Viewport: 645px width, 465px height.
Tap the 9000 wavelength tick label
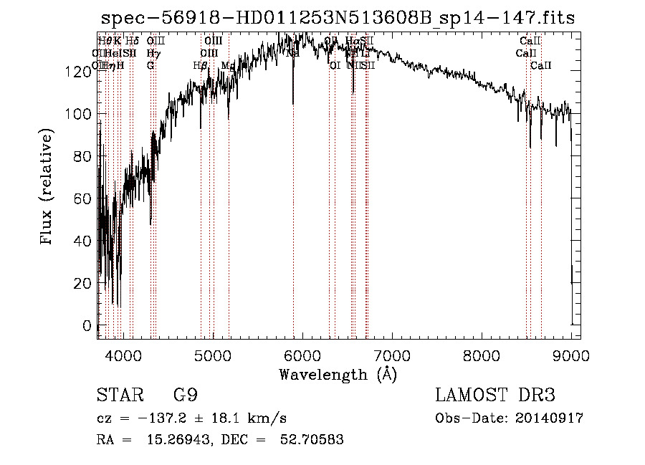click(x=571, y=355)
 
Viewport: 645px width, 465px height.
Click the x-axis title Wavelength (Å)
click(x=338, y=373)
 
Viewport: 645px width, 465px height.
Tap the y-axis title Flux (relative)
click(x=47, y=188)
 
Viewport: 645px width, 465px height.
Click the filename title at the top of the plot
click(x=338, y=18)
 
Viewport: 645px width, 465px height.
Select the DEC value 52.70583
click(x=312, y=440)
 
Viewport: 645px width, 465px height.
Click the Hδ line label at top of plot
click(x=132, y=42)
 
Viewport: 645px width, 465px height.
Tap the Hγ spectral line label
click(x=153, y=53)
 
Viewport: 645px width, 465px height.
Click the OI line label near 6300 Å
click(x=335, y=65)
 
